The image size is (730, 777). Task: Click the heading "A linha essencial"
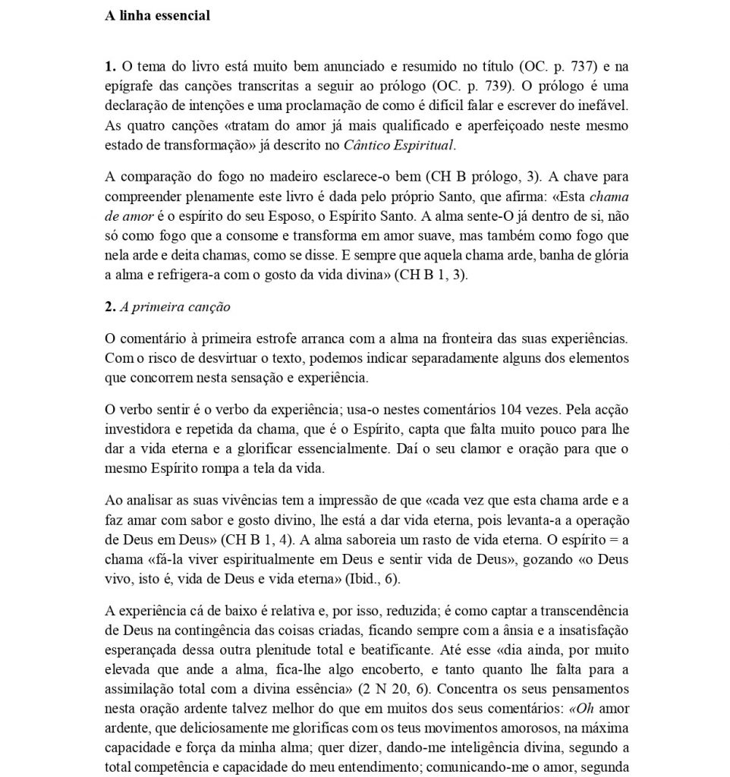157,16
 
